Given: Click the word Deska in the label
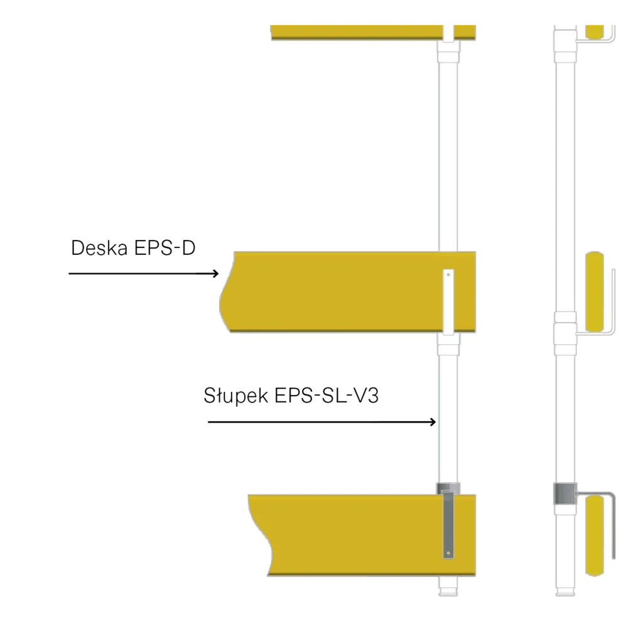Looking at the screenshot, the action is point(99,247).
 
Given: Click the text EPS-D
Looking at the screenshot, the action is point(165,247).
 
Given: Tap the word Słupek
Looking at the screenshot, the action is point(236,396).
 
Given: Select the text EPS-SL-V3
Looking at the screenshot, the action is point(327,396).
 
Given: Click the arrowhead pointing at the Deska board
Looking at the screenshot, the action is point(216,274).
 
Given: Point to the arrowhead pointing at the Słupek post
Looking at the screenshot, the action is point(433,422).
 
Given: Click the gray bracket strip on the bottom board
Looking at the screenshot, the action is point(448,525).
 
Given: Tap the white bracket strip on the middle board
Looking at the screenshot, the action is point(448,301).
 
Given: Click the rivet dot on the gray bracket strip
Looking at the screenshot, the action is point(448,553).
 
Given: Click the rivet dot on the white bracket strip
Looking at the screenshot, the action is point(448,274).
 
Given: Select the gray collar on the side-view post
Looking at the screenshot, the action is point(565,494).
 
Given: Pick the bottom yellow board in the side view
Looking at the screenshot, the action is point(595,536).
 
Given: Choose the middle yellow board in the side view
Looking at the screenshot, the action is point(595,291).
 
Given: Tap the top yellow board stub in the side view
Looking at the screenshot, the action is point(595,32).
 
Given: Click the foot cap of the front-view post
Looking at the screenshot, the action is point(448,592).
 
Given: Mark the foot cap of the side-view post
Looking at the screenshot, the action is point(565,592).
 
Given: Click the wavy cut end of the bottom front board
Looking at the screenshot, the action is point(260,535).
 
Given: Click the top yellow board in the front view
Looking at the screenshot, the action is point(373,33).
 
